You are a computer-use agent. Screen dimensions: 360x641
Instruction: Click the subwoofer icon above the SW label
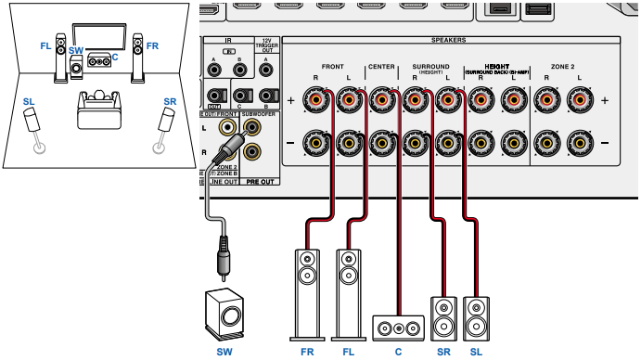click(x=224, y=313)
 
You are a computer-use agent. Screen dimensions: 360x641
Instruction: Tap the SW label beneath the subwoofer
click(x=224, y=352)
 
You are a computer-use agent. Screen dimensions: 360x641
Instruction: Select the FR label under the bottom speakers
click(x=308, y=352)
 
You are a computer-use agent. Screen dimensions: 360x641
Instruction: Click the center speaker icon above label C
click(x=398, y=327)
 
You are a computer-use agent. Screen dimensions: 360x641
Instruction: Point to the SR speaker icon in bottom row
click(x=443, y=317)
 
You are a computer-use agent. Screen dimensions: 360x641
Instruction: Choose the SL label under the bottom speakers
click(x=476, y=352)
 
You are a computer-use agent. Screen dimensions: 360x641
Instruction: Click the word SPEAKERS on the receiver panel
click(x=448, y=41)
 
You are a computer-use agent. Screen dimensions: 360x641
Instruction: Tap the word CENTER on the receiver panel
click(x=381, y=67)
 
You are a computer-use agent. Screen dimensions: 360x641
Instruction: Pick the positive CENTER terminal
click(x=381, y=98)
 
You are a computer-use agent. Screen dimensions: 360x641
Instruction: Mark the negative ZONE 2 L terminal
click(x=580, y=141)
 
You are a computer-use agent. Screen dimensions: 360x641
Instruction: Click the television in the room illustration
click(x=98, y=34)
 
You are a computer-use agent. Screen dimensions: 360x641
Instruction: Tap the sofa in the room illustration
click(x=97, y=109)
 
